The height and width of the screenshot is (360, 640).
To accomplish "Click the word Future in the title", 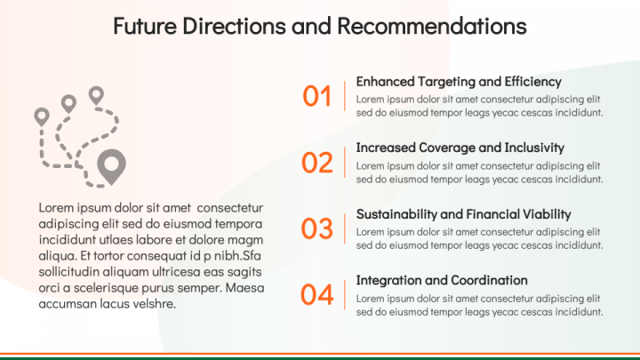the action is point(145,26).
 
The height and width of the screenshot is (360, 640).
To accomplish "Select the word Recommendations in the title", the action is point(432,26).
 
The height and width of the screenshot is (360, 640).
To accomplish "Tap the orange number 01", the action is point(316,96).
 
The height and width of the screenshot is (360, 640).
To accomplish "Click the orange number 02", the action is point(317,163).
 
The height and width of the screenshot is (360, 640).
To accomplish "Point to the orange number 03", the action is point(317,228).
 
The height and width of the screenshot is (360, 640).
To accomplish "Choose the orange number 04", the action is point(317,295).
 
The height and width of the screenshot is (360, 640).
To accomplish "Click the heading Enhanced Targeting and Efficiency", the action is point(459,82).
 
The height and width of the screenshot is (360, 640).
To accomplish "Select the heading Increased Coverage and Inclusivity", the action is point(460,148).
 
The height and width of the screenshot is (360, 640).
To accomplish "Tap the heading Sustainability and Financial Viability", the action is point(463,214).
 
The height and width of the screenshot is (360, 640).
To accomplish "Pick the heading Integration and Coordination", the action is point(442,280).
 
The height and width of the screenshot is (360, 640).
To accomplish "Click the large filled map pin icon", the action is point(111,164).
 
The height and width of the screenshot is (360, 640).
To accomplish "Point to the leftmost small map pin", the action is point(42,116).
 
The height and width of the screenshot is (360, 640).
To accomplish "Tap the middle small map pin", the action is point(68,104).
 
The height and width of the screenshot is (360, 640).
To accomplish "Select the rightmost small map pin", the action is point(96,95).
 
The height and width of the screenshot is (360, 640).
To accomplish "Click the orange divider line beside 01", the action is point(345,96).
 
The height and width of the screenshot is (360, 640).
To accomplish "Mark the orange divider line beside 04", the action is point(345,294).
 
